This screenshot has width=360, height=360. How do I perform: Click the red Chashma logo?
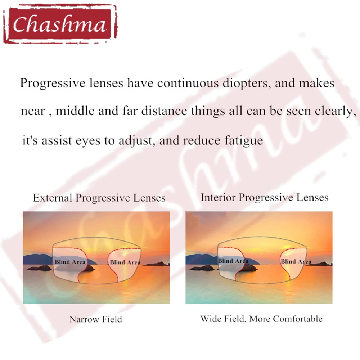60,24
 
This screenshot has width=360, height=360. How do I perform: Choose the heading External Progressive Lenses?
99,198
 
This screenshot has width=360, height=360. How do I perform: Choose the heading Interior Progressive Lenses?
265,197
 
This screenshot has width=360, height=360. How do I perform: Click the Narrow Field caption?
96,319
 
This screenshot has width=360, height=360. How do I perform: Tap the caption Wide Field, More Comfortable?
261,319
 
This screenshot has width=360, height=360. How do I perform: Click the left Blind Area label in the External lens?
70,262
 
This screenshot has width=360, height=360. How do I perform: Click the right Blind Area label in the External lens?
125,262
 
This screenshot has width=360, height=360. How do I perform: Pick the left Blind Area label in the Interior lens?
233,261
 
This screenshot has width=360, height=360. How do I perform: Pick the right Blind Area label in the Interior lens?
296,261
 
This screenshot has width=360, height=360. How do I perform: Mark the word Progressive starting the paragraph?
53,84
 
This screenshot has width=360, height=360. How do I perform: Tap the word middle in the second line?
75,111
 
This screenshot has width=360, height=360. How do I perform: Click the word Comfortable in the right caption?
298,319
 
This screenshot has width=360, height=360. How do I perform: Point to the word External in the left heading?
53,198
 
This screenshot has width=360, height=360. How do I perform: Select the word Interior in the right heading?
218,197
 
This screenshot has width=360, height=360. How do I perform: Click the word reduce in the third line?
202,141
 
